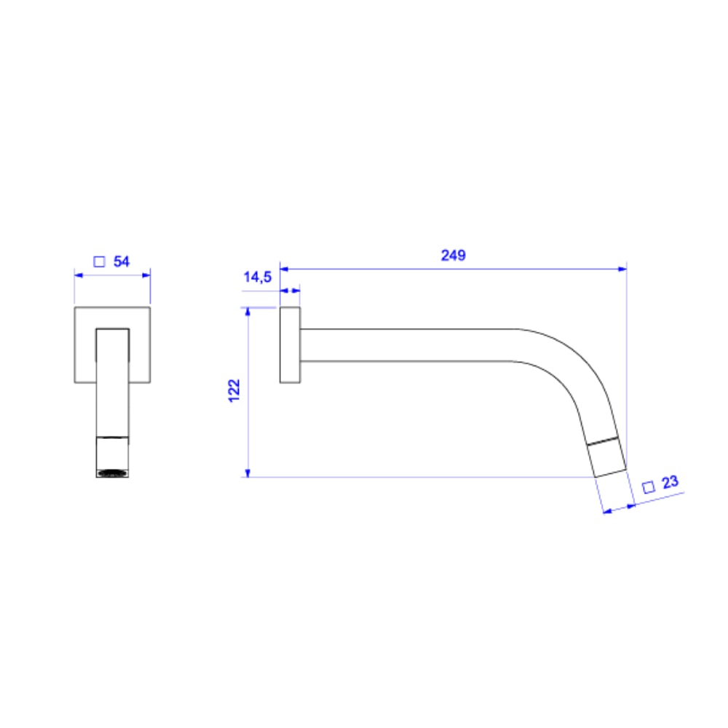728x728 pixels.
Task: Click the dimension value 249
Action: tap(453, 256)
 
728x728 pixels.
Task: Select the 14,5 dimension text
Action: tap(257, 277)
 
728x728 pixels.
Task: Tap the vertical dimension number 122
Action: tap(234, 392)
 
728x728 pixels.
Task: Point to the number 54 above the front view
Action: tap(122, 262)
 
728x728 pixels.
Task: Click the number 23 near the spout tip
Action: tap(670, 482)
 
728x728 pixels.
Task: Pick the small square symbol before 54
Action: tap(100, 262)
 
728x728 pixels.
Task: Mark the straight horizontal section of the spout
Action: tap(408, 344)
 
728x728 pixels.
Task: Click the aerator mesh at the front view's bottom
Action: tap(113, 473)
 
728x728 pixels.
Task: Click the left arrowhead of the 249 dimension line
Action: tap(285, 269)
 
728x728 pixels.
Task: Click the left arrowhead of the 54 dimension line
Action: tap(79, 275)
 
